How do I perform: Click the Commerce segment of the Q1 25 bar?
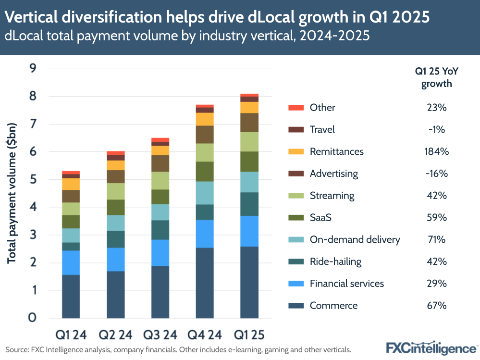click(x=249, y=282)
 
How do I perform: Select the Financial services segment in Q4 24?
click(x=204, y=234)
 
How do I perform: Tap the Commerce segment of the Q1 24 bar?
click(x=71, y=296)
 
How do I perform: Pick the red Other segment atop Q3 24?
click(x=160, y=140)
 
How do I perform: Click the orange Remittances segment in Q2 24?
click(x=115, y=165)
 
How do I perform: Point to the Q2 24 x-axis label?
click(x=115, y=334)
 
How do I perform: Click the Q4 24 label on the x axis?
click(x=204, y=334)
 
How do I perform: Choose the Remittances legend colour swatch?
click(x=295, y=151)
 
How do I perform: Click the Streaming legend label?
click(x=332, y=196)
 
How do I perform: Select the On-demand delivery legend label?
click(x=355, y=239)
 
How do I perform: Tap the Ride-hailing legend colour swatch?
click(x=295, y=261)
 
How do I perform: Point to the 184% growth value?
click(x=436, y=151)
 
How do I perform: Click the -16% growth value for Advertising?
click(x=436, y=174)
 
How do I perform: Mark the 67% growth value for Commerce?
click(x=436, y=305)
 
